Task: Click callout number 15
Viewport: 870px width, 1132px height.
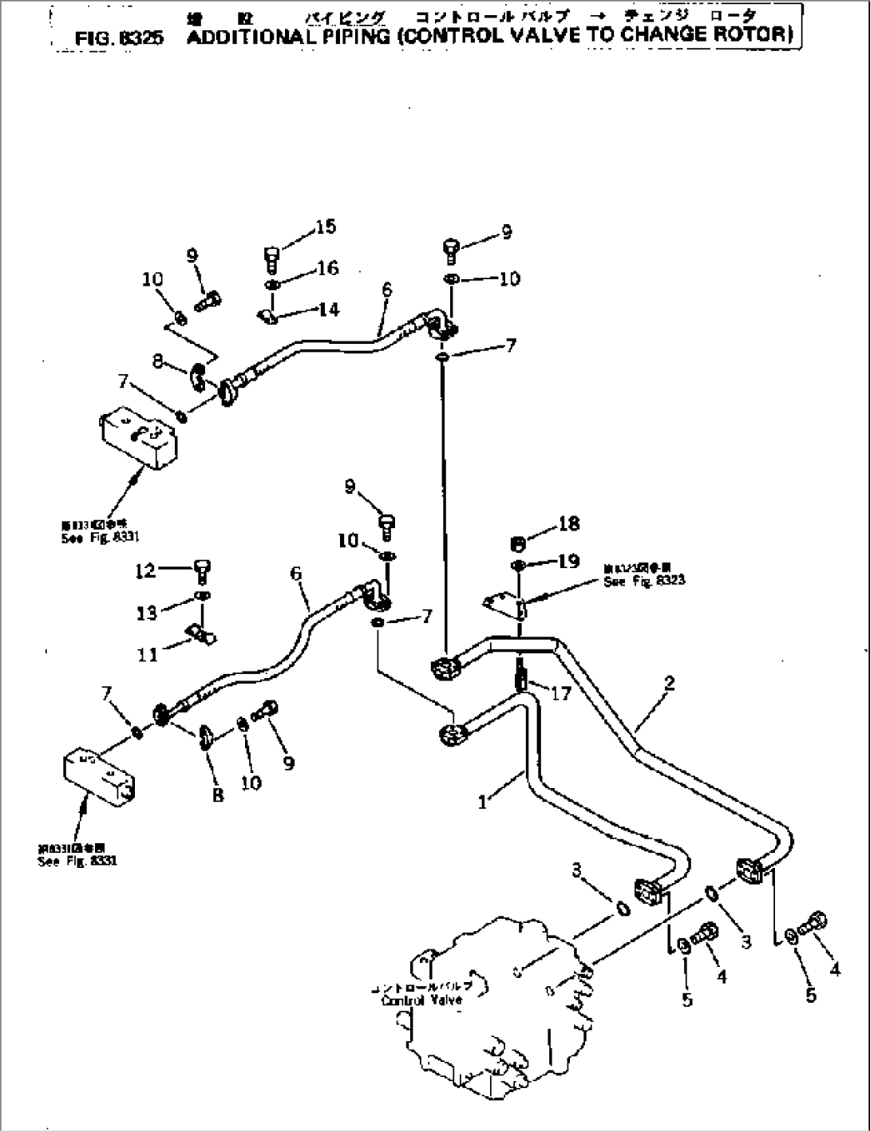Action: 325,227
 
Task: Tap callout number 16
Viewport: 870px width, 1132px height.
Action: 327,268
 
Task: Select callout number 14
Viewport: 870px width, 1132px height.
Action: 328,310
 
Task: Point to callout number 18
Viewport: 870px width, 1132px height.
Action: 569,524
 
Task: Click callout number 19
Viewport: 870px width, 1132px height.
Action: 569,562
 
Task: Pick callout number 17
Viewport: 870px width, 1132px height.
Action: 561,693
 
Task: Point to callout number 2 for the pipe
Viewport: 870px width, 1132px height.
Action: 669,683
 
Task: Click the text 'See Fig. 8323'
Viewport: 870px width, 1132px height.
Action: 643,582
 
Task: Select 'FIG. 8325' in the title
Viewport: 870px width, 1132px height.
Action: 118,37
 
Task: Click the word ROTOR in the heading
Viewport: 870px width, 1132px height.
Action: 757,34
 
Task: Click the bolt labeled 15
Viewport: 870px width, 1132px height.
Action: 271,258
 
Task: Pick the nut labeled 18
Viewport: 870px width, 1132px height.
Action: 517,544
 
